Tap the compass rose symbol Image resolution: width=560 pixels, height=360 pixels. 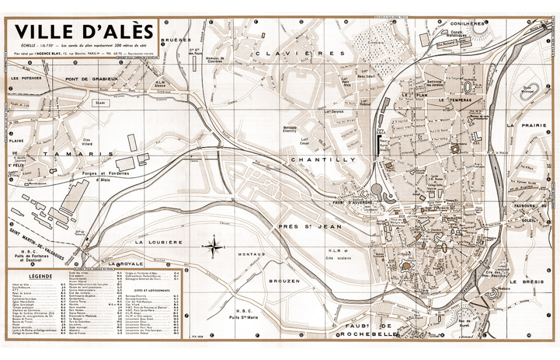pyautogui.click(x=215, y=246)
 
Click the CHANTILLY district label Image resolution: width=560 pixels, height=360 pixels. pyautogui.click(x=323, y=159)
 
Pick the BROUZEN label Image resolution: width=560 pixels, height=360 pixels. pyautogui.click(x=283, y=281)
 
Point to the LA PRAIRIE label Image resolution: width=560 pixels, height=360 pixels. pyautogui.click(x=526, y=125)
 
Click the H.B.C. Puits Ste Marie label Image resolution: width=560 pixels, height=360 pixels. pyautogui.click(x=242, y=314)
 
